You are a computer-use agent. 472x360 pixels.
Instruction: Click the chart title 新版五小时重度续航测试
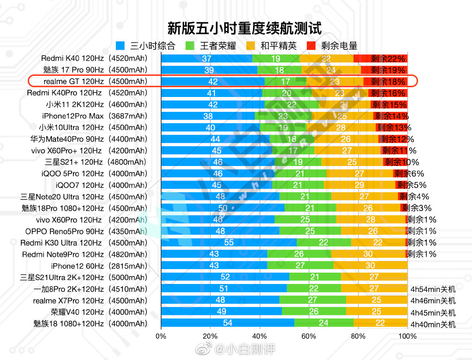tap(244, 29)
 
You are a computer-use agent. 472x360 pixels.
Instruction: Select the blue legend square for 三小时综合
tap(121, 45)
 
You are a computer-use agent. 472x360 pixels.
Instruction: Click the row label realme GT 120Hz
tap(94, 81)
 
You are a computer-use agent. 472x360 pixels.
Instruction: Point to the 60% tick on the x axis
tap(309, 336)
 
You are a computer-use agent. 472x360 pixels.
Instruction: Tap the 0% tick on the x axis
tap(161, 336)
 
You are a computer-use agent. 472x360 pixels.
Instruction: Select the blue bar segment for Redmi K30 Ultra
tap(229, 242)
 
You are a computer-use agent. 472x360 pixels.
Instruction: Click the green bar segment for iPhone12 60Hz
tap(300, 266)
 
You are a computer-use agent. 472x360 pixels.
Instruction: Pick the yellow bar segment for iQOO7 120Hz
tap(359, 185)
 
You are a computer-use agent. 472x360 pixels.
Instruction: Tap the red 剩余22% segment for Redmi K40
tap(380, 59)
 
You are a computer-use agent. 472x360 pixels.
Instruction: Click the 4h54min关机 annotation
tap(433, 289)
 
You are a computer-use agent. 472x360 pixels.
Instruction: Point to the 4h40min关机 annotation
tap(433, 324)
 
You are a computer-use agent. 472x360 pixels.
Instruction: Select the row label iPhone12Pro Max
tap(95, 116)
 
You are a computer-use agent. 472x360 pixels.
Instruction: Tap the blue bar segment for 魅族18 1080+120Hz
tap(227, 323)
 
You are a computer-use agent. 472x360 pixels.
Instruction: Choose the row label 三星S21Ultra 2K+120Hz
tap(84, 277)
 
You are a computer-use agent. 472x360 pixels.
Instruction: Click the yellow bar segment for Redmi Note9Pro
tap(368, 254)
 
